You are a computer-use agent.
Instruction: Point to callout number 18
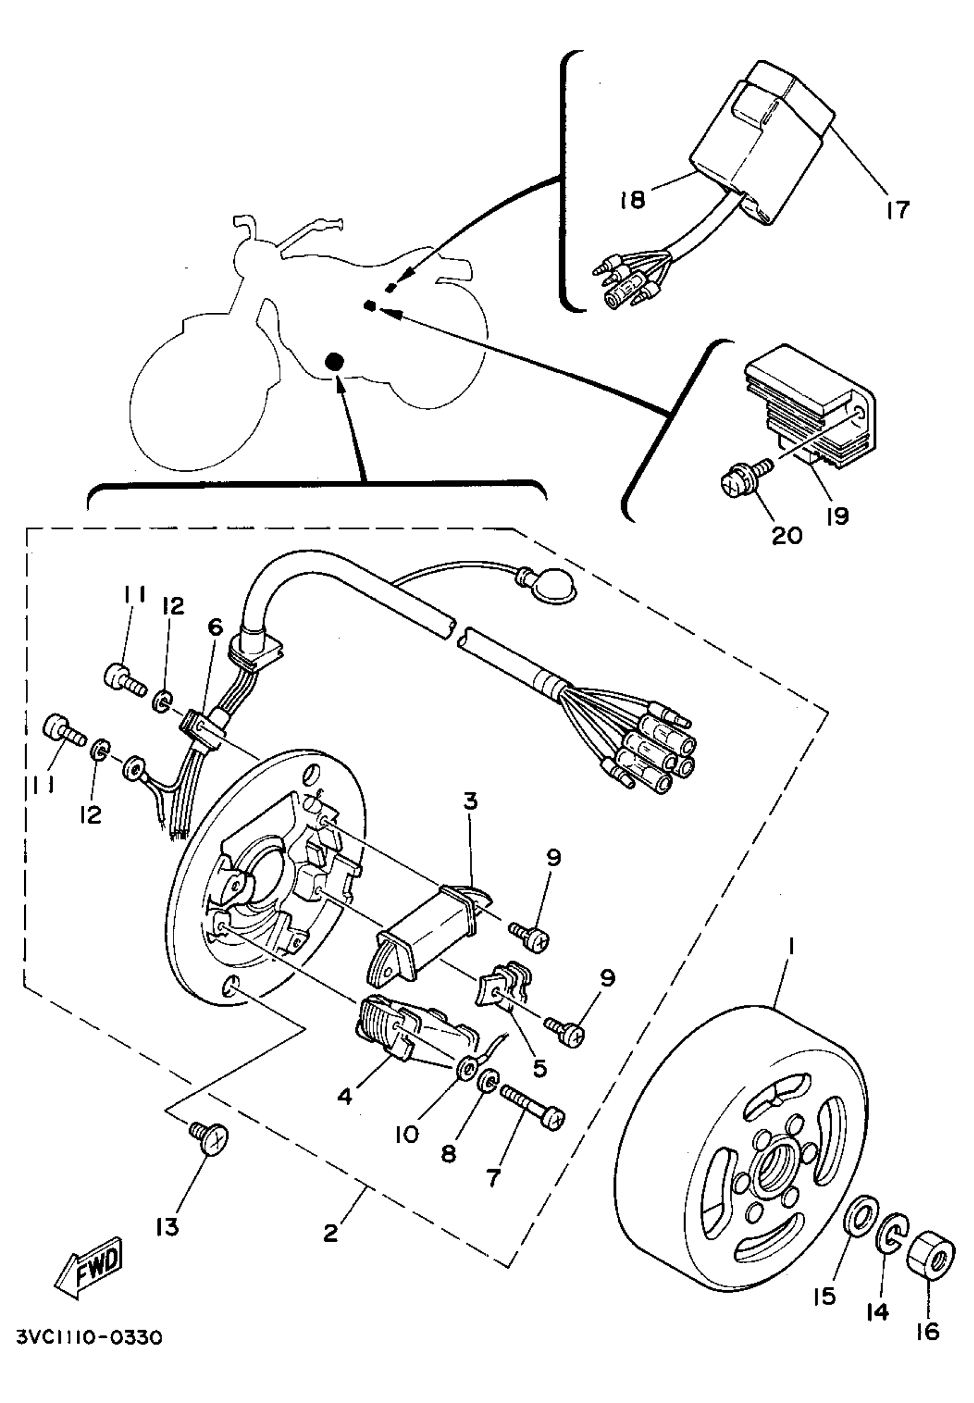633,199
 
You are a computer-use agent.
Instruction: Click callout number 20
787,536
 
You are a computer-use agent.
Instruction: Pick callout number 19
837,516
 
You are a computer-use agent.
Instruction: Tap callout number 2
330,1233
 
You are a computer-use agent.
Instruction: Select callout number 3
470,801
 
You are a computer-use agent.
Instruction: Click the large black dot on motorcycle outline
333,363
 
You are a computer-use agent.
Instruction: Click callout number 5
540,1067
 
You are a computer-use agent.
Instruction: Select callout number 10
406,1134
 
